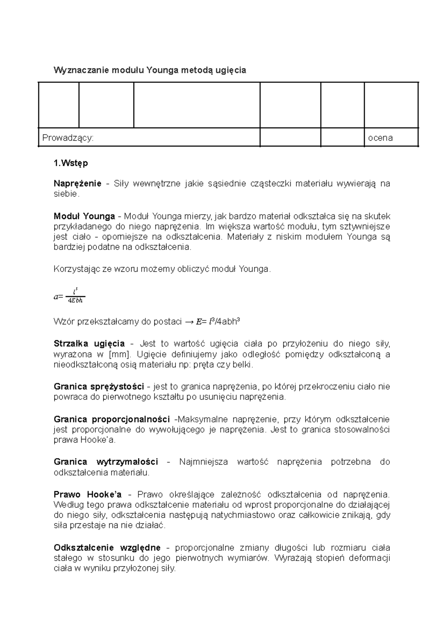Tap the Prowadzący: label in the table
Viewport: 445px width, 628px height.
pos(68,138)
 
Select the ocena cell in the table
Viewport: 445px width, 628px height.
pos(380,138)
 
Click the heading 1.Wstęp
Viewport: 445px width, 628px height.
pos(71,163)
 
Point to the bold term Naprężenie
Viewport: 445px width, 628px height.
pos(78,184)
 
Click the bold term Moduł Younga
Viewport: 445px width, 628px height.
pos(84,216)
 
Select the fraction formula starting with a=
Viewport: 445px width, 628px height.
pos(70,297)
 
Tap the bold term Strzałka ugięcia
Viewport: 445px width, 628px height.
pos(89,344)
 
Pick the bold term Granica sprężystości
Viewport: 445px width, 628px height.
pos(99,387)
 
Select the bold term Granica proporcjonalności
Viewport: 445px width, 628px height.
pos(112,419)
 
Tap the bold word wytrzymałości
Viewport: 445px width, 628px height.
pos(127,462)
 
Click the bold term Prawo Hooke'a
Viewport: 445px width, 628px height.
pos(88,495)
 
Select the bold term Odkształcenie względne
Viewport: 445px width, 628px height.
pos(107,548)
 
